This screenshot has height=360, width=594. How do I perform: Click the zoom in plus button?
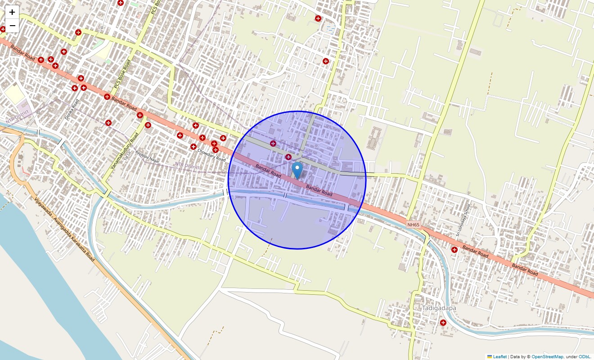click(x=12, y=12)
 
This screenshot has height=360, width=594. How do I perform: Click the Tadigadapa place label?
click(x=439, y=308)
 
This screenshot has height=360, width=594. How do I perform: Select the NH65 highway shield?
click(x=413, y=224)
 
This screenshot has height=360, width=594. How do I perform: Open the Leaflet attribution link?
click(x=499, y=357)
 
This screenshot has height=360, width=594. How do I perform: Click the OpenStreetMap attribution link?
click(x=547, y=357)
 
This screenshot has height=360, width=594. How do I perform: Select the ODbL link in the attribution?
click(x=585, y=357)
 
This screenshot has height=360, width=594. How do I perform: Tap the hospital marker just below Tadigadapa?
click(x=443, y=323)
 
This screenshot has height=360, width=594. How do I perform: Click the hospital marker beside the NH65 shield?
click(x=454, y=249)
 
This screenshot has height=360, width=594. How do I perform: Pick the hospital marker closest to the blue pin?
click(x=288, y=157)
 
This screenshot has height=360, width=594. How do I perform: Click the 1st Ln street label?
click(x=127, y=155)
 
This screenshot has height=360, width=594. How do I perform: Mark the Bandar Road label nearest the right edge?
click(x=525, y=269)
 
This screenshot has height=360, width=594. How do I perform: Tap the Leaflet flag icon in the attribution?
click(x=490, y=357)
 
